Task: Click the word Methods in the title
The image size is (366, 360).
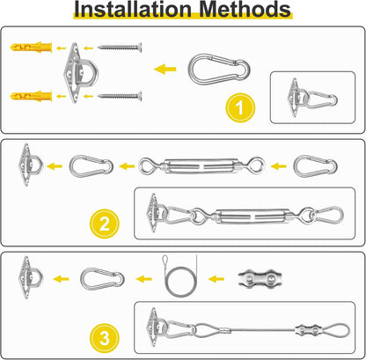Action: pyautogui.click(x=245, y=9)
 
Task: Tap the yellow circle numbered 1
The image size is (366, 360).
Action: pyautogui.click(x=240, y=107)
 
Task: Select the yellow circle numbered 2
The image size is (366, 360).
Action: pyautogui.click(x=105, y=224)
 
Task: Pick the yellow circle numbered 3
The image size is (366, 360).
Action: pyautogui.click(x=105, y=338)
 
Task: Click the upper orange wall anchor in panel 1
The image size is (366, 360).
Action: pyautogui.click(x=31, y=47)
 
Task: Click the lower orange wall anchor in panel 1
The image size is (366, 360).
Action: pyautogui.click(x=31, y=96)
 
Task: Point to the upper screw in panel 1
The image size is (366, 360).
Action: pyautogui.click(x=120, y=47)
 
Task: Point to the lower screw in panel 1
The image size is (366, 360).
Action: pyautogui.click(x=120, y=96)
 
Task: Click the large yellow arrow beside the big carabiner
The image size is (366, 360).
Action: pyautogui.click(x=165, y=70)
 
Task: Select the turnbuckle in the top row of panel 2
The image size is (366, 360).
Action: pyautogui.click(x=201, y=166)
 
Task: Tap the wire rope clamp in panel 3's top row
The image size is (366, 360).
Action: pyautogui.click(x=260, y=279)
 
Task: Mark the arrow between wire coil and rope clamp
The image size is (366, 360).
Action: pyautogui.click(x=216, y=279)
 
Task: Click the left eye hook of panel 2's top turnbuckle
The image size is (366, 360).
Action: pyautogui.click(x=146, y=166)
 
